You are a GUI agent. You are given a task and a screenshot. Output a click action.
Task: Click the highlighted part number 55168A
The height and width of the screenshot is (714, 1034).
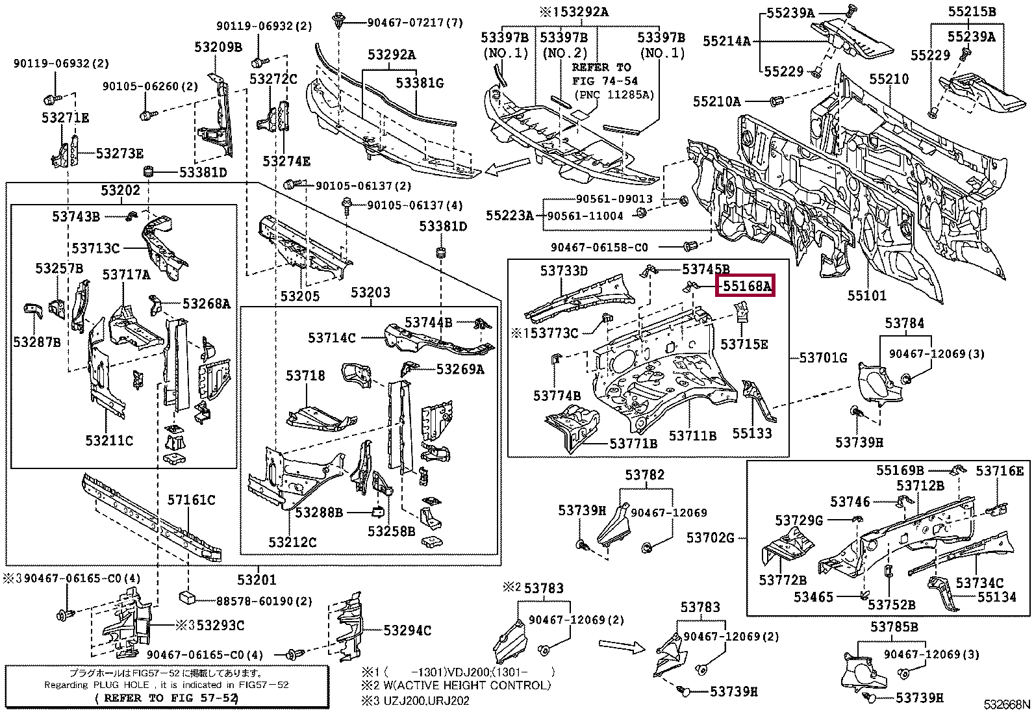click(745, 285)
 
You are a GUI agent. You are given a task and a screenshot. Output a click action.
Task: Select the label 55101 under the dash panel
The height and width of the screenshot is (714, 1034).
click(866, 296)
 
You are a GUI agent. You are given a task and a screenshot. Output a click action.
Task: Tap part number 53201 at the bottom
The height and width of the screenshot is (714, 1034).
click(257, 580)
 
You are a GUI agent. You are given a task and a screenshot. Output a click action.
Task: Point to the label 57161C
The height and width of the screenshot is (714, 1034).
click(191, 500)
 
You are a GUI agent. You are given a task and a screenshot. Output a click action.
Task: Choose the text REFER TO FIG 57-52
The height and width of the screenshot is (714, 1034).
click(167, 698)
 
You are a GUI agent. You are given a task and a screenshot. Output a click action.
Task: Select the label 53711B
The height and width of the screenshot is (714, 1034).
click(692, 436)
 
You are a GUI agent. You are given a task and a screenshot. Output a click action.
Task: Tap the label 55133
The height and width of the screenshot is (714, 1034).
click(752, 433)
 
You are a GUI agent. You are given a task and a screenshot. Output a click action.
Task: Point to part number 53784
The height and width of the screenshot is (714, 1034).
click(904, 324)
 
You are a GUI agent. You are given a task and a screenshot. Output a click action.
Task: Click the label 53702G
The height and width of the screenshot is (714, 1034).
click(711, 537)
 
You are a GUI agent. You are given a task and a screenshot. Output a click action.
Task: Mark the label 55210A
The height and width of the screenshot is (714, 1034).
click(716, 101)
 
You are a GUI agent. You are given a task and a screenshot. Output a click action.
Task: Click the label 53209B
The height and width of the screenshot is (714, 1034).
click(218, 47)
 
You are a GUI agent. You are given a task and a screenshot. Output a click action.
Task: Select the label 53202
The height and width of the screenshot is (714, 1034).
click(120, 190)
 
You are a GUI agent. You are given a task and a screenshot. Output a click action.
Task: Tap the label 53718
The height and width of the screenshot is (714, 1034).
click(305, 376)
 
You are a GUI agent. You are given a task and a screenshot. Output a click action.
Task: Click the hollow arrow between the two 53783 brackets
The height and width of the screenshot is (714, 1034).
click(621, 646)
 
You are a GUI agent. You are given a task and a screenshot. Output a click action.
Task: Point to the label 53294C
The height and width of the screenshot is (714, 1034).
click(407, 630)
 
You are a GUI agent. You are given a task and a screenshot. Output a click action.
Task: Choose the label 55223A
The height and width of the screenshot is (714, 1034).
click(509, 215)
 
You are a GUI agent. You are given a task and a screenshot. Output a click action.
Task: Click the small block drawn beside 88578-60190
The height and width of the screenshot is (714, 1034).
click(188, 598)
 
